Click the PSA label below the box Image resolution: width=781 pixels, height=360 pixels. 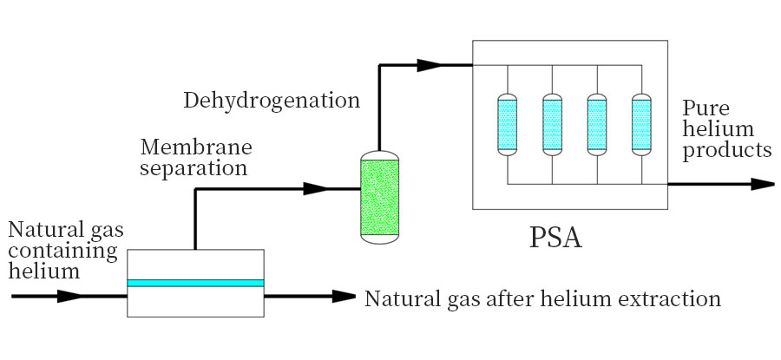pos(555,238)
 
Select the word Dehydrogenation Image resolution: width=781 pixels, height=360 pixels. pos(272,101)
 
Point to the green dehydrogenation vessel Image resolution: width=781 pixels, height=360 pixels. pos(379,196)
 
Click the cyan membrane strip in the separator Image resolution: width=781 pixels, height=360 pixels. pos(195,283)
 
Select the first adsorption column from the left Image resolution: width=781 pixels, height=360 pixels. pos(506,123)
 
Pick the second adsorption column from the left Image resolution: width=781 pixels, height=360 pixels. pos(551,123)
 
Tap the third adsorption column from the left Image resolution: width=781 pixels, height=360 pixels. pos(596,123)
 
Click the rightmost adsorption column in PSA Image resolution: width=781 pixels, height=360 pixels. pos(640,123)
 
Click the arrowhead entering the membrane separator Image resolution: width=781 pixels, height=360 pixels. pos(69,296)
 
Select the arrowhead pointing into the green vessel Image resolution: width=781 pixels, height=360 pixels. pos(316,187)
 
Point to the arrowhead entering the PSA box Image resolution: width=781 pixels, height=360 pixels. pos(429,64)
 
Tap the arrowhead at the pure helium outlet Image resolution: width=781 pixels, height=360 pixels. pos(761,184)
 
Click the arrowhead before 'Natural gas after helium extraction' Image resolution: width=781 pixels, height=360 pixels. pos(345,296)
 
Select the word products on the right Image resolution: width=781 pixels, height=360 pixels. pos(727,151)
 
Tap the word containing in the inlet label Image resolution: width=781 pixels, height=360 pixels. pos(62,252)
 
